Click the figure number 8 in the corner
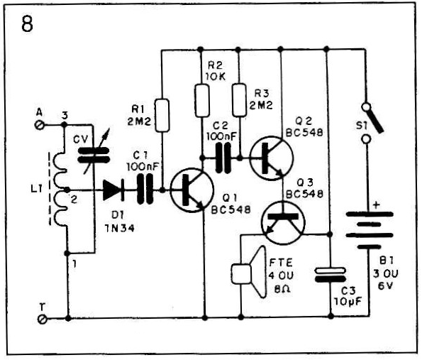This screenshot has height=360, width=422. point(27,23)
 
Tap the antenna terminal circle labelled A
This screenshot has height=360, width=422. point(40,125)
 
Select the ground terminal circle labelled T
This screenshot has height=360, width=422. point(43,320)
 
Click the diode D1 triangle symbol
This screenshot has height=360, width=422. point(113,190)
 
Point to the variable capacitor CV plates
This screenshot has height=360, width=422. point(94,156)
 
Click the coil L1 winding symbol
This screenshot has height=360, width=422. point(60,189)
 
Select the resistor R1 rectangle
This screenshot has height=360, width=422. point(162,115)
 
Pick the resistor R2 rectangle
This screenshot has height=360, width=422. point(202,100)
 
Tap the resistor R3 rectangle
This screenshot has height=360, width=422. point(239,100)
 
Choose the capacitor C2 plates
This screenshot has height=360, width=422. point(223,158)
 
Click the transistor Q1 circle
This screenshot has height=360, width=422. point(192,190)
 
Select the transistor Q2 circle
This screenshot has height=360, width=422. point(271,158)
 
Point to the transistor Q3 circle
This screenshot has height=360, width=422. point(283,222)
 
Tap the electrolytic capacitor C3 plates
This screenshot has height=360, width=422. point(331,275)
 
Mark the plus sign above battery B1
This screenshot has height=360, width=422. point(377,205)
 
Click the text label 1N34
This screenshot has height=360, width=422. point(119,229)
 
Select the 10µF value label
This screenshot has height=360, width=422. point(348,301)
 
